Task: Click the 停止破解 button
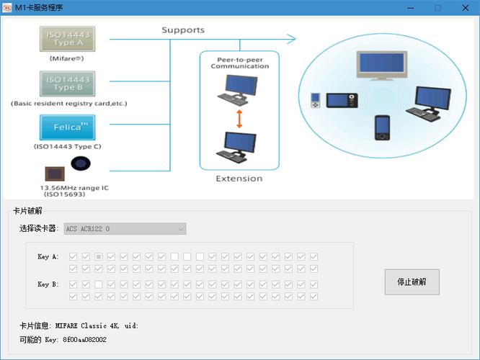pyautogui.click(x=412, y=282)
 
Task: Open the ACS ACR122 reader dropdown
pyautogui.click(x=125, y=229)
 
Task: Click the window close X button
pyautogui.click(x=466, y=8)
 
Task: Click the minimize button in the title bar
pyautogui.click(x=411, y=8)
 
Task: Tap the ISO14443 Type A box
pyautogui.click(x=67, y=39)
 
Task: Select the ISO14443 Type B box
pyautogui.click(x=67, y=84)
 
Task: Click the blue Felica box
pyautogui.click(x=67, y=127)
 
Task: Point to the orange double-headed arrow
pyautogui.click(x=239, y=119)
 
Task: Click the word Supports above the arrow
pyautogui.click(x=183, y=30)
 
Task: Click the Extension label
pyautogui.click(x=239, y=179)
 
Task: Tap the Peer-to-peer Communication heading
pyautogui.click(x=240, y=63)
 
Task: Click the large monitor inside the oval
pyautogui.click(x=382, y=66)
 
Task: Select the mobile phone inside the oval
pyautogui.click(x=383, y=127)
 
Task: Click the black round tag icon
pyautogui.click(x=81, y=163)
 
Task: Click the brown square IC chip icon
pyautogui.click(x=55, y=174)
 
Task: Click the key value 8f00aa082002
pyautogui.click(x=84, y=340)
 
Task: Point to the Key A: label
pyautogui.click(x=48, y=256)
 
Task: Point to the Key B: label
pyautogui.click(x=48, y=284)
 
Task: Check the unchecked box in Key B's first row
pyautogui.click(x=98, y=284)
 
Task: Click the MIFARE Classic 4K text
pyautogui.click(x=87, y=325)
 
